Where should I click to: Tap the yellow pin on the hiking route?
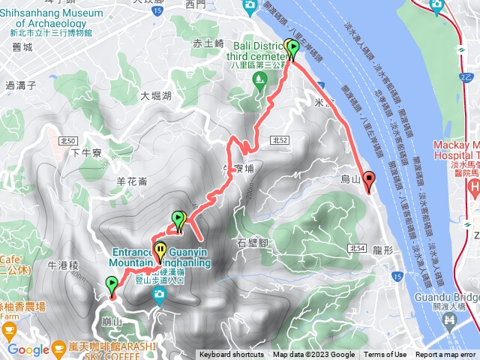[x=160, y=250]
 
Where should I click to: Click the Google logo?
[x=28, y=349]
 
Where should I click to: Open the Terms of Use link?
[x=385, y=355]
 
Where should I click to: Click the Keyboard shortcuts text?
[x=232, y=355]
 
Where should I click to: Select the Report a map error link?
[x=446, y=355]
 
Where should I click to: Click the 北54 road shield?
[x=356, y=248]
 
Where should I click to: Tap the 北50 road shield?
[x=67, y=140]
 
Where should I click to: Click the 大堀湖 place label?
[x=156, y=96]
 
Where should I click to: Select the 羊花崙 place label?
[x=132, y=181]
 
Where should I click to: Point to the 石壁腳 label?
[x=253, y=242]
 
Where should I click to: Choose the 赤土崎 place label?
[x=208, y=43]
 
